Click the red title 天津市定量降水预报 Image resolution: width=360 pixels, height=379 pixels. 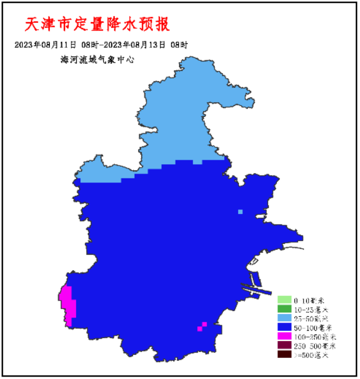click(97, 25)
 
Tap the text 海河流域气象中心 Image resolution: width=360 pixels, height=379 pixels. click(97, 59)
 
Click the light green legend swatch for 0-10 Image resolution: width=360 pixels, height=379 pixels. click(284, 299)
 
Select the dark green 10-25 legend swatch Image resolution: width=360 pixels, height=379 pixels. click(284, 309)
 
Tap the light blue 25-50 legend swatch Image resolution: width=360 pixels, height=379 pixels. click(284, 318)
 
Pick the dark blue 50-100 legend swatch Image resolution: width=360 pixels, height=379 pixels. click(284, 328)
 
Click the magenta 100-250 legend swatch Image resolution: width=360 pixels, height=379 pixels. click(284, 337)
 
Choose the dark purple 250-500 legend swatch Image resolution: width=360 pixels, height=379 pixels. click(284, 346)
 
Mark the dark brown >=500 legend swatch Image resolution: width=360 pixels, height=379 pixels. click(284, 355)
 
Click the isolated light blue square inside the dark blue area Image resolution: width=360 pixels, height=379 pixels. click(240, 212)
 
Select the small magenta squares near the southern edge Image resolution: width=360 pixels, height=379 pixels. click(202, 326)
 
